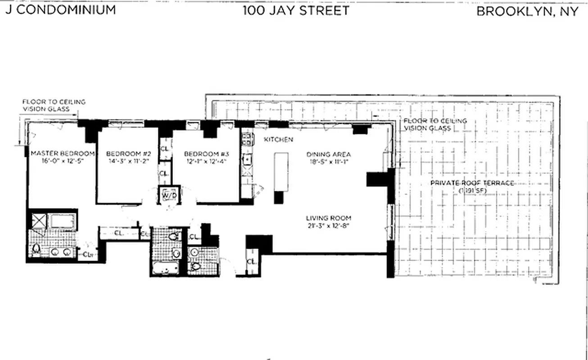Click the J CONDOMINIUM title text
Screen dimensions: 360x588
[x=61, y=10]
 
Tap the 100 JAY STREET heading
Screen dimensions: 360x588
[x=296, y=10]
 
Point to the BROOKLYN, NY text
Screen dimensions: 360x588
[x=527, y=11]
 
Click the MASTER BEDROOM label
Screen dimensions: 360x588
[x=62, y=153]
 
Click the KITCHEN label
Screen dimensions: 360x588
[x=278, y=139]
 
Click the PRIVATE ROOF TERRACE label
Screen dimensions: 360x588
[x=472, y=183]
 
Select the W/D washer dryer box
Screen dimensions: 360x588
[x=169, y=195]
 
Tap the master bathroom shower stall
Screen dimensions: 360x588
[x=38, y=221]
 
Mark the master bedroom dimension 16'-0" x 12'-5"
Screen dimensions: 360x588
[x=62, y=161]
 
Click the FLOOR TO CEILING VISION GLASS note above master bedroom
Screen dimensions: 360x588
[x=54, y=105]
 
